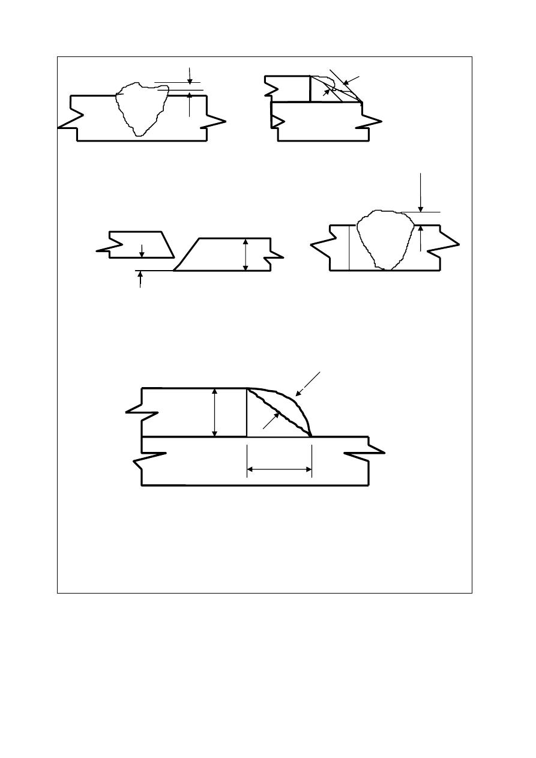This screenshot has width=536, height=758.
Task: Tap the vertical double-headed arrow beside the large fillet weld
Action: coord(215,412)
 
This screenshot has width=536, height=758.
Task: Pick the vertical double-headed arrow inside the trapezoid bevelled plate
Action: coord(245,254)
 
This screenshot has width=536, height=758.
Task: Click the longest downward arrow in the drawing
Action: coord(421,192)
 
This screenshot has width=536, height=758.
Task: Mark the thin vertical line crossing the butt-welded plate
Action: coord(349,247)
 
